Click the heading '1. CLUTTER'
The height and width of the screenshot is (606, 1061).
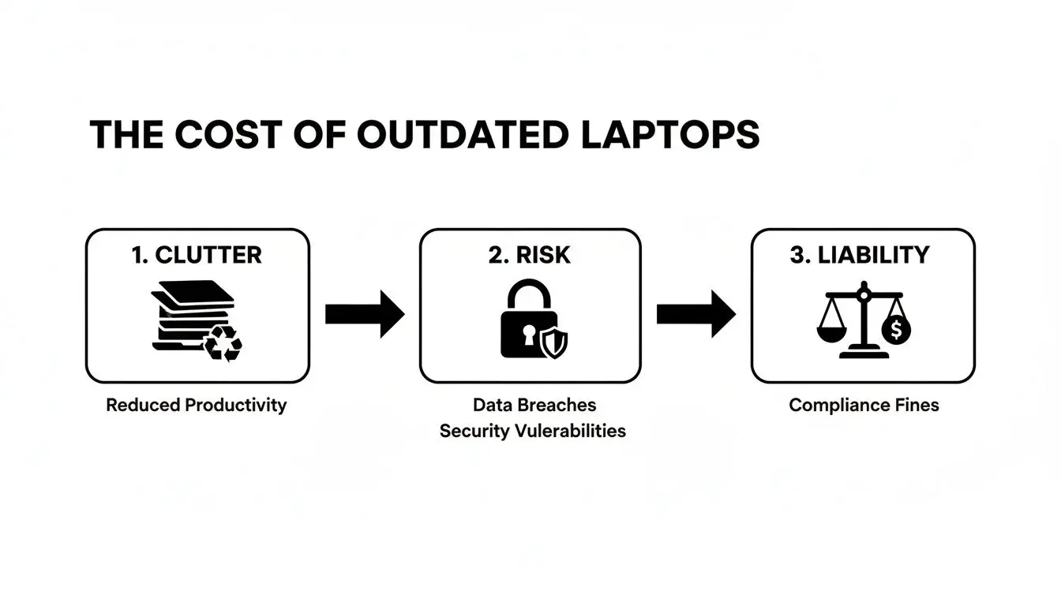pos(197,255)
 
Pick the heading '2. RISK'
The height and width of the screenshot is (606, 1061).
pos(530,255)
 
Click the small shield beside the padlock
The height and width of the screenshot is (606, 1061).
pos(554,343)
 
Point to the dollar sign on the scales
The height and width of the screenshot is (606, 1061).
pos(896,331)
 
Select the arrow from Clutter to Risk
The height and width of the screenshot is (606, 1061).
pos(364,314)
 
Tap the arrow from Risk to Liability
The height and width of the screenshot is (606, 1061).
pos(695,314)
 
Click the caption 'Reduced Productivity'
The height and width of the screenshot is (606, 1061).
pos(197,406)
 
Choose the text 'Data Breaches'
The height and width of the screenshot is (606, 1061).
pos(534,406)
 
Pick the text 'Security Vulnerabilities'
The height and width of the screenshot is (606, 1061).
pos(533,431)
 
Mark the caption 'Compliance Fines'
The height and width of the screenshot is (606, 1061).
pos(864,406)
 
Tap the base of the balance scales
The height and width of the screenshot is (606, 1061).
pos(864,354)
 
